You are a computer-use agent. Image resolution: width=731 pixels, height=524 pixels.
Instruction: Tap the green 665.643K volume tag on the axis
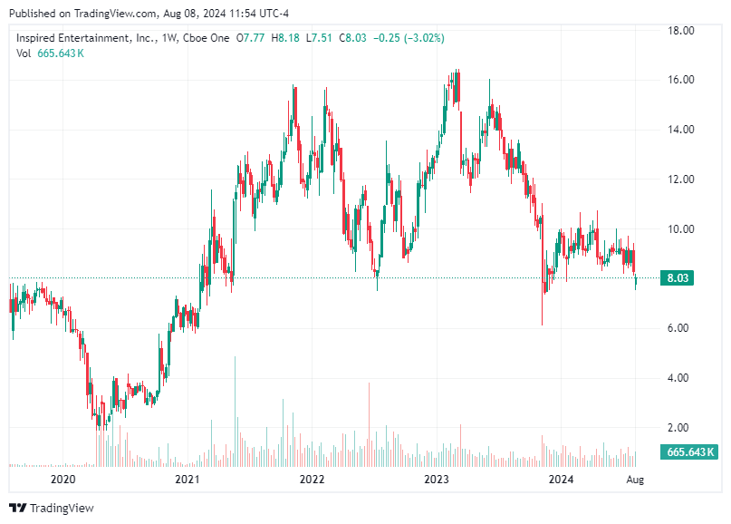[691, 451]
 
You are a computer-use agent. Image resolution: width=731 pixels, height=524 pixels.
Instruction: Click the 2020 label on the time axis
[63, 479]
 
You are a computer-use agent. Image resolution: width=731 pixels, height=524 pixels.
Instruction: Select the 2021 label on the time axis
[187, 479]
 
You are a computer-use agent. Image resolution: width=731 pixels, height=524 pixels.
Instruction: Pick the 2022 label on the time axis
[312, 479]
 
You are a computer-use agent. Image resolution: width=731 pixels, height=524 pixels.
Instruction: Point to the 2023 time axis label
[437, 479]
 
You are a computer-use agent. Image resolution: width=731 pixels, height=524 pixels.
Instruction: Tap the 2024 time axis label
[562, 479]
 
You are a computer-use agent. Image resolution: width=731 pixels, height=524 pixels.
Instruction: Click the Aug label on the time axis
[635, 479]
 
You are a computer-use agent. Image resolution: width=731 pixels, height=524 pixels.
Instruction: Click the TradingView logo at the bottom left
[52, 508]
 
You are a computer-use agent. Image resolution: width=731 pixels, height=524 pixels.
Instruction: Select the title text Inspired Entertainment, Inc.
[85, 38]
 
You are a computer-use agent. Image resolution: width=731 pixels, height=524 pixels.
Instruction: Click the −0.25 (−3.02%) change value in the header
[409, 38]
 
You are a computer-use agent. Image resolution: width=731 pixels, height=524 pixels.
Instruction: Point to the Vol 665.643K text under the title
[51, 53]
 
